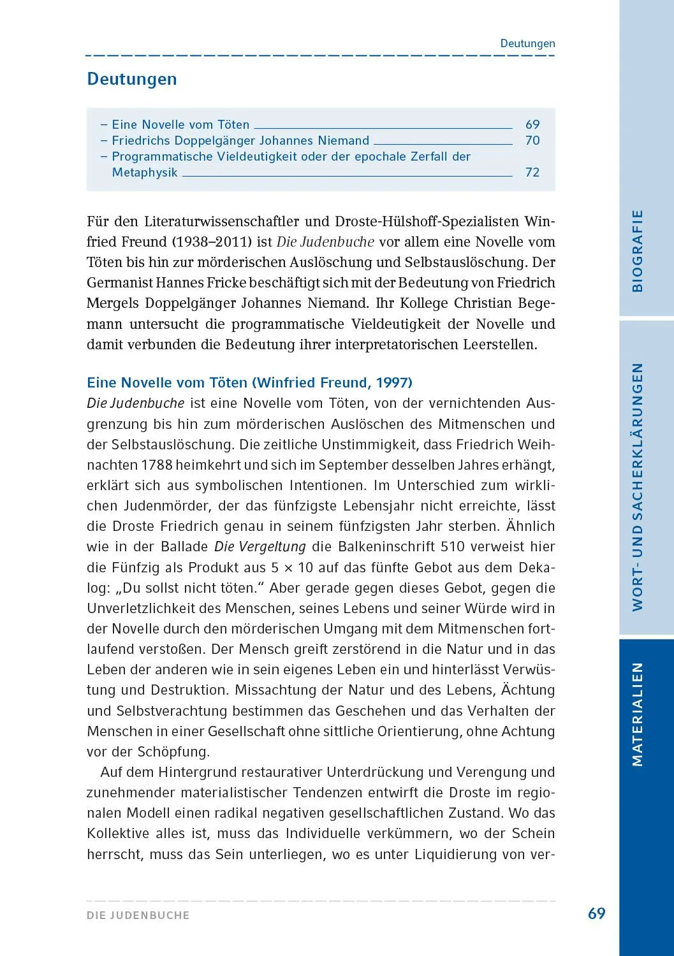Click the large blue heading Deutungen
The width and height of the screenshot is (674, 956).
pyautogui.click(x=132, y=80)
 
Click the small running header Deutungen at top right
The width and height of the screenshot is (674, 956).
pyautogui.click(x=527, y=44)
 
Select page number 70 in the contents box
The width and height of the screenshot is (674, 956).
pyautogui.click(x=532, y=141)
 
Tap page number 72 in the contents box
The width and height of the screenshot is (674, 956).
pyautogui.click(x=532, y=173)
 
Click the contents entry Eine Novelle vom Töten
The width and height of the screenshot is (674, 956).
pyautogui.click(x=180, y=125)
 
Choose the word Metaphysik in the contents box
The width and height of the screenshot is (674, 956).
pyautogui.click(x=145, y=173)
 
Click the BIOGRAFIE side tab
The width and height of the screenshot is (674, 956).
pyautogui.click(x=637, y=250)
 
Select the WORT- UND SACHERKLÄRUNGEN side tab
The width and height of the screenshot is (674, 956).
pyautogui.click(x=637, y=487)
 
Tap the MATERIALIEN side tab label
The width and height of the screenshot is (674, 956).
pyautogui.click(x=637, y=714)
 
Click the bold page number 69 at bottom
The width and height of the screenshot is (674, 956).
pyautogui.click(x=596, y=914)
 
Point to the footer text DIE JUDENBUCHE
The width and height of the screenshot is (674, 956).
pyautogui.click(x=138, y=915)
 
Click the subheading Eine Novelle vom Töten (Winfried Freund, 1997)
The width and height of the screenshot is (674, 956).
pyautogui.click(x=249, y=383)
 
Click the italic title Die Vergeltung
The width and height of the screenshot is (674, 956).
pyautogui.click(x=260, y=547)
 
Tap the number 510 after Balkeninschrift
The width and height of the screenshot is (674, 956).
pyautogui.click(x=453, y=547)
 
